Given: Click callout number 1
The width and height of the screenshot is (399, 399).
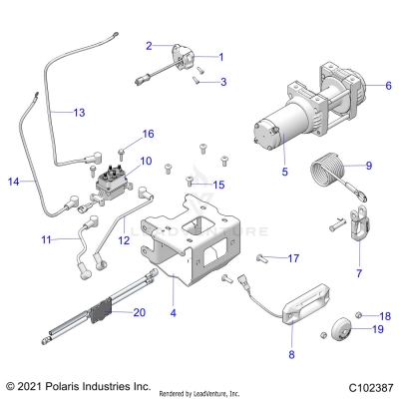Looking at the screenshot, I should [220, 57].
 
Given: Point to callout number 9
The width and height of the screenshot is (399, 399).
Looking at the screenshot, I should [368, 166].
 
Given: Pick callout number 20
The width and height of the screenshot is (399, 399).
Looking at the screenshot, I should [139, 312].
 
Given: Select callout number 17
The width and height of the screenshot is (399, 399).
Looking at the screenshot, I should [293, 259].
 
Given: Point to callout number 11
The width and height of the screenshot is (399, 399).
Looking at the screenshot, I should [46, 240].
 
